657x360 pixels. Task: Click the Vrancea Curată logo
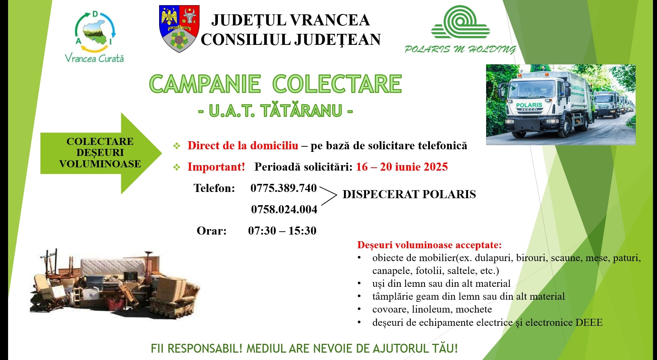click(x=95, y=37)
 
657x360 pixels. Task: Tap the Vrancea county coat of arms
click(x=179, y=29)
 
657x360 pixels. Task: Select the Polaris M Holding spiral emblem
click(x=460, y=22)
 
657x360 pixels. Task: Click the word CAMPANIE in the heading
click(x=205, y=84)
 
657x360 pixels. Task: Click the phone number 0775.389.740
click(x=283, y=188)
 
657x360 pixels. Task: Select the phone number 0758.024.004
click(x=284, y=210)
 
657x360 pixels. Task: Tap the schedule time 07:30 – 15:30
click(x=282, y=231)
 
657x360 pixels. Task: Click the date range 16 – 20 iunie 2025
click(x=402, y=167)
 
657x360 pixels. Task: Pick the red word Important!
click(x=216, y=167)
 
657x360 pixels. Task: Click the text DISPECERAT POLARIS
click(x=409, y=194)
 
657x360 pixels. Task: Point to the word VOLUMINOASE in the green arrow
click(x=100, y=164)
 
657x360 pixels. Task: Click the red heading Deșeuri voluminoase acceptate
click(x=430, y=245)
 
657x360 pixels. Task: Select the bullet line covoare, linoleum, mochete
click(x=432, y=309)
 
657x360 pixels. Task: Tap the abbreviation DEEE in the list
click(x=589, y=322)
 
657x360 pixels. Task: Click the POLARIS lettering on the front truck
click(x=529, y=105)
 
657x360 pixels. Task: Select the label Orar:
click(x=212, y=231)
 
